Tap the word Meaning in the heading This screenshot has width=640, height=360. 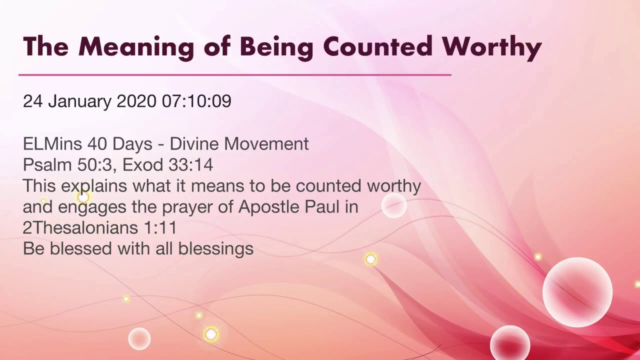click(135, 47)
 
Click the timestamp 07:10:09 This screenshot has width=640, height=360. click(196, 101)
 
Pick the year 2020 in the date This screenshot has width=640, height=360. click(136, 101)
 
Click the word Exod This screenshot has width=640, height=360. click(143, 165)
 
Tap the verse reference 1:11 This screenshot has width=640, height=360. click(160, 228)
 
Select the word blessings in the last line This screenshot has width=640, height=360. click(216, 249)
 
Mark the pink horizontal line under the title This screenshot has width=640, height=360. click(235, 75)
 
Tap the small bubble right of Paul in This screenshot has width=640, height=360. click(394, 205)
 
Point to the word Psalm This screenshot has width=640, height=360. click(47, 165)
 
